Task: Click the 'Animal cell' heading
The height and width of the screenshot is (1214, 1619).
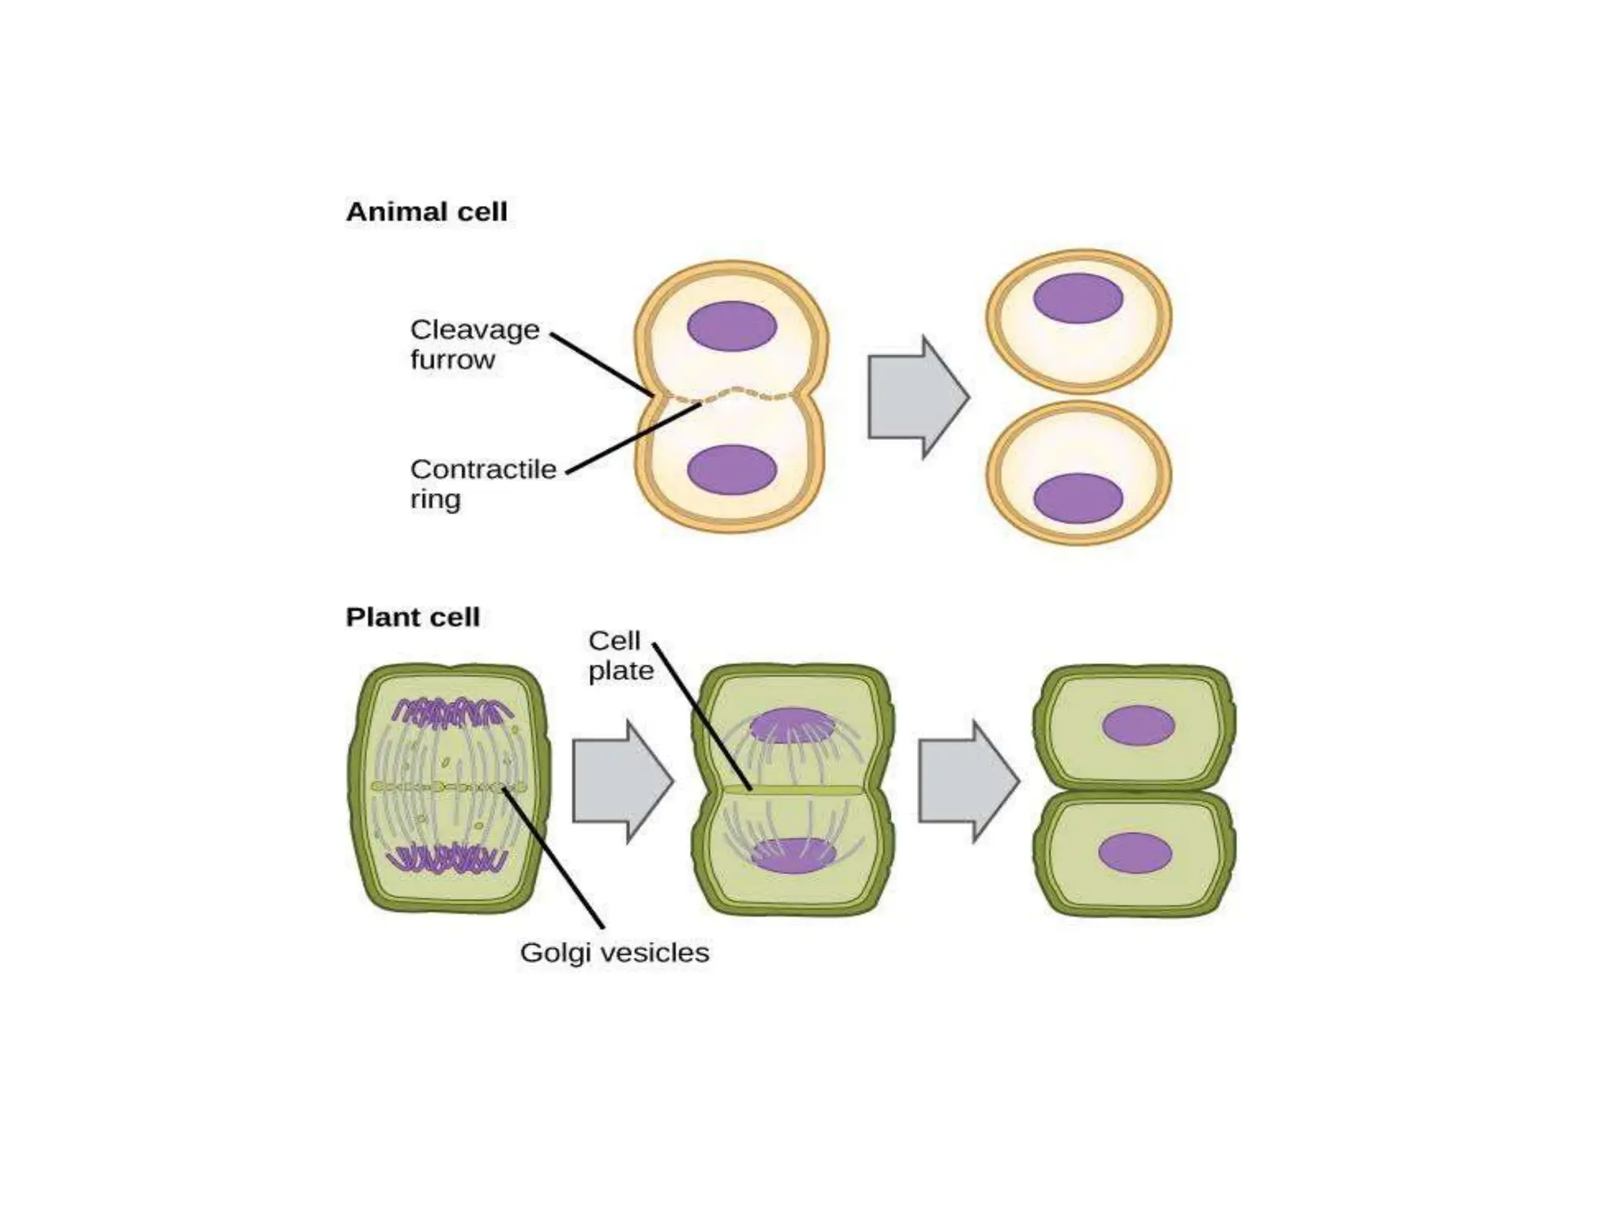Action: pyautogui.click(x=426, y=212)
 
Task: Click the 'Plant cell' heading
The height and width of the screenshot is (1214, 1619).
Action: pyautogui.click(x=413, y=616)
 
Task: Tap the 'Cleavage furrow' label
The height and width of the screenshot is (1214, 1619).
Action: pyautogui.click(x=474, y=344)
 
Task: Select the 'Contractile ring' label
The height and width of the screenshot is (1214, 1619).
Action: pyautogui.click(x=482, y=484)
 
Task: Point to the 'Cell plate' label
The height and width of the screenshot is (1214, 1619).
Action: pyautogui.click(x=621, y=655)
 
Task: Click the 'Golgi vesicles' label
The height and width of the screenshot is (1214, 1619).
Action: pyautogui.click(x=614, y=952)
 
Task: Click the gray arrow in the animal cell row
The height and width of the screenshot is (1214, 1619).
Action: pyautogui.click(x=918, y=397)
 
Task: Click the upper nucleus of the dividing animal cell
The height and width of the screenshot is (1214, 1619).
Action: pyautogui.click(x=732, y=326)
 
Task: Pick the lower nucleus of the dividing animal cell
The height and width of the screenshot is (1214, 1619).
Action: pyautogui.click(x=732, y=469)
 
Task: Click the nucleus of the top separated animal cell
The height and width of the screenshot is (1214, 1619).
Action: pyautogui.click(x=1078, y=298)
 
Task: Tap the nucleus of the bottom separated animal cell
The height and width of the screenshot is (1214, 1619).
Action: pyautogui.click(x=1078, y=498)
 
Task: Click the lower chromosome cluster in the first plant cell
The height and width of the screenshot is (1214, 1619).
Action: pyautogui.click(x=450, y=858)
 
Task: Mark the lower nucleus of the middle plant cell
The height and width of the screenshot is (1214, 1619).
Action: pyautogui.click(x=792, y=855)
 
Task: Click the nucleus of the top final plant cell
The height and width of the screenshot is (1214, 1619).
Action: pyautogui.click(x=1138, y=726)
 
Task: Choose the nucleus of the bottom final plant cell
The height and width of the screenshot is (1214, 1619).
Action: pyautogui.click(x=1135, y=853)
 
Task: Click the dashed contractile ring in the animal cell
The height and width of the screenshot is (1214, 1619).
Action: pyautogui.click(x=732, y=393)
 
